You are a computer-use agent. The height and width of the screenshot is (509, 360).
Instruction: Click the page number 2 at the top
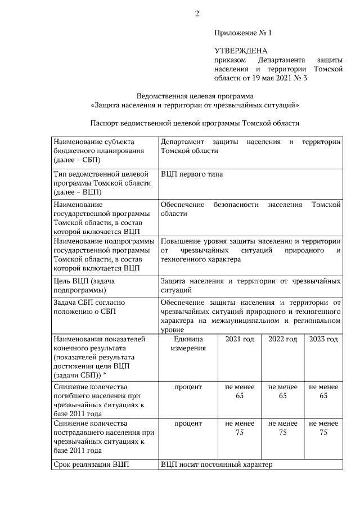[x=197, y=13]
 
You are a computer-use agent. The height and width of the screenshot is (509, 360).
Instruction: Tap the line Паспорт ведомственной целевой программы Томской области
[x=195, y=123]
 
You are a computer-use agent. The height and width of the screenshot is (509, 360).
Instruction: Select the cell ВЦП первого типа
[x=191, y=174]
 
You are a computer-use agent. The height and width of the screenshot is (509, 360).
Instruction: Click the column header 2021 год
[x=240, y=340]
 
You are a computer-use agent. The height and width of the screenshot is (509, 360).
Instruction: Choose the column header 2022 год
[x=282, y=340]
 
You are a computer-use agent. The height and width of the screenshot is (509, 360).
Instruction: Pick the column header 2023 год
[x=323, y=340]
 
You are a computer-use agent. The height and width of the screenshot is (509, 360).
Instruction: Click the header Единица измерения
[x=188, y=344]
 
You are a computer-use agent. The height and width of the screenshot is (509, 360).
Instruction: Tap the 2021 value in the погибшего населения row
[x=240, y=391]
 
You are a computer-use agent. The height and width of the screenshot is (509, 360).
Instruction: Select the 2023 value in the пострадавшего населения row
[x=323, y=428]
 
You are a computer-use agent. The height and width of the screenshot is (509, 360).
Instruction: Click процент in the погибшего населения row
[x=188, y=388]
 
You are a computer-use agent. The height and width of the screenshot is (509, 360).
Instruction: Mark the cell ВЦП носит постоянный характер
[x=216, y=465]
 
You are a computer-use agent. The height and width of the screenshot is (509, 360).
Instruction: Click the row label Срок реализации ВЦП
[x=91, y=465]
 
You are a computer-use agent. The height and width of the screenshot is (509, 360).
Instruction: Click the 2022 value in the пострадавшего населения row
[x=282, y=428]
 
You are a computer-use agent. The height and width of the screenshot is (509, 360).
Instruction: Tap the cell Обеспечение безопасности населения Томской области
[x=250, y=209]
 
